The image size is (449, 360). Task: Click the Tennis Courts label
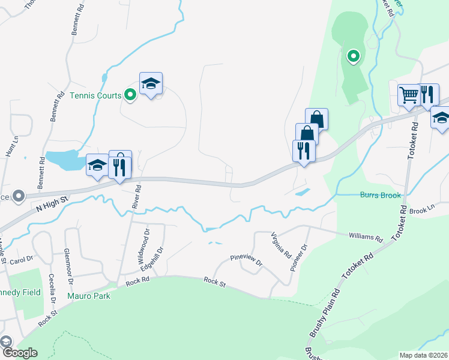95,95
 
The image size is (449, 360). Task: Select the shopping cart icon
409,94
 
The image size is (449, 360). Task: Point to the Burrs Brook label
380,195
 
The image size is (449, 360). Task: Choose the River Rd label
137,196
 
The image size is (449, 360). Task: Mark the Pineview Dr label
247,260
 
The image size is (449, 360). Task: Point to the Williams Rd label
366,237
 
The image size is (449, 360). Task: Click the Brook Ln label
422,210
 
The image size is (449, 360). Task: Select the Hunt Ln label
8,146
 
